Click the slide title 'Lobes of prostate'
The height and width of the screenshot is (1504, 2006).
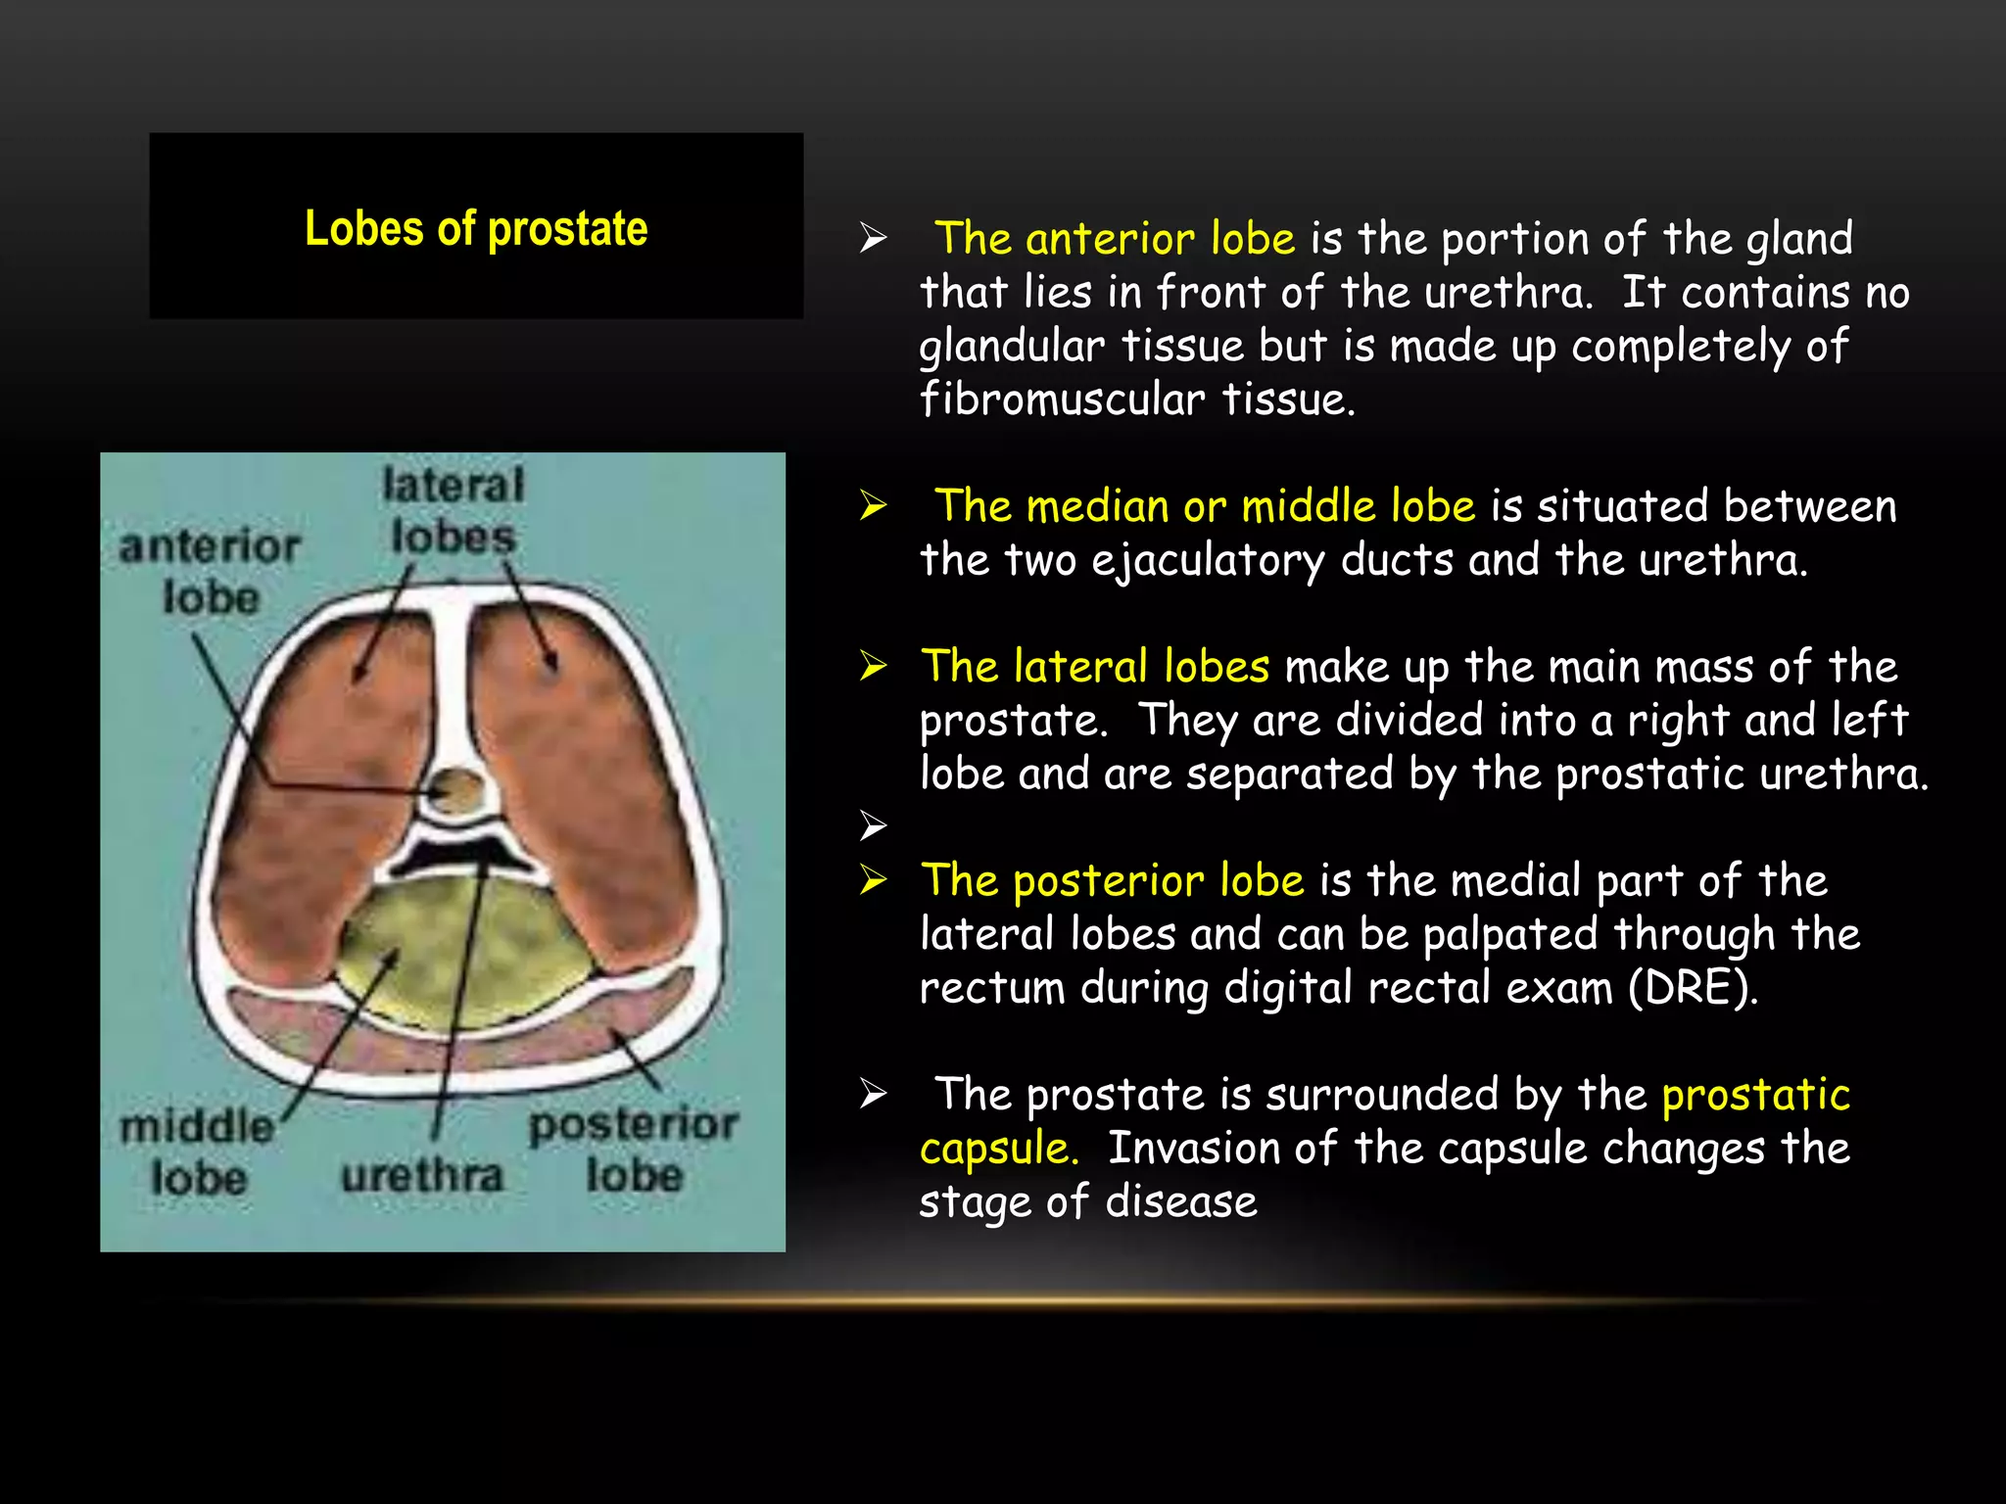pyautogui.click(x=476, y=229)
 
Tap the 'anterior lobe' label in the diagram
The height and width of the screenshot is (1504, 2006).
pyautogui.click(x=210, y=571)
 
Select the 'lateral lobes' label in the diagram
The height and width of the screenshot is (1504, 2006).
pyautogui.click(x=454, y=510)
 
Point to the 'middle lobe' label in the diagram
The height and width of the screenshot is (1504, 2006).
pyautogui.click(x=197, y=1152)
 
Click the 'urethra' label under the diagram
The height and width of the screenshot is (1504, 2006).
pyautogui.click(x=422, y=1175)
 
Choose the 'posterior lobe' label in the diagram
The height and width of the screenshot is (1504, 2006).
pyautogui.click(x=634, y=1150)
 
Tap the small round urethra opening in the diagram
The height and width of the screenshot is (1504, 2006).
pyautogui.click(x=457, y=788)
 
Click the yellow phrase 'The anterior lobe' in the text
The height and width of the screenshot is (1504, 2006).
pyautogui.click(x=1115, y=239)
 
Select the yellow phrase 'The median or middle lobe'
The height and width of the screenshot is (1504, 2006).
pyautogui.click(x=1205, y=506)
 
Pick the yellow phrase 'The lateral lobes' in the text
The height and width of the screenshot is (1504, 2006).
pyautogui.click(x=1095, y=667)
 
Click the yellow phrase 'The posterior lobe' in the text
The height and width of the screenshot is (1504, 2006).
pyautogui.click(x=1113, y=880)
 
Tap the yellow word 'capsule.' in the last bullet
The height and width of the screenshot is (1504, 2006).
pyautogui.click(x=999, y=1149)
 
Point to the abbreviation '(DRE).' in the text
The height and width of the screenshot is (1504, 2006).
pyautogui.click(x=1693, y=988)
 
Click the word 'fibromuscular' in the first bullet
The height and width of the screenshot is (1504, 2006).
pyautogui.click(x=1063, y=399)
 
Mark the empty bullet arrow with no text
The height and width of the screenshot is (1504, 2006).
pyautogui.click(x=873, y=825)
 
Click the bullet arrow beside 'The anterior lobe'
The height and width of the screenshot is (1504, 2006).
pyautogui.click(x=873, y=238)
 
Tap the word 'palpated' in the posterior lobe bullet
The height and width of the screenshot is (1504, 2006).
pyautogui.click(x=1510, y=934)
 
